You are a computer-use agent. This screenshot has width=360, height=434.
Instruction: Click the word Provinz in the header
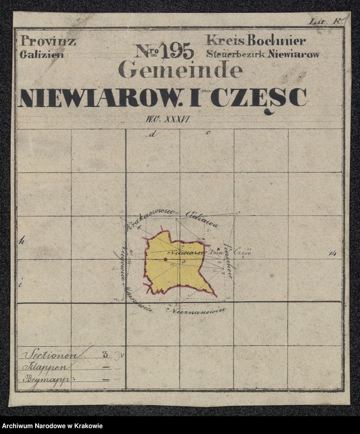tap(47, 41)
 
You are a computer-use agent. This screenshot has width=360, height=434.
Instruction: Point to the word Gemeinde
tap(180, 70)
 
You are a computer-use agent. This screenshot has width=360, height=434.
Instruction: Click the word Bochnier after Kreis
tap(283, 40)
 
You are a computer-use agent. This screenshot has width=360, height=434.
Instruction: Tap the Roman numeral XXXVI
tap(178, 119)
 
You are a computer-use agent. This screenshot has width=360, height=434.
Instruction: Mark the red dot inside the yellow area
tap(165, 259)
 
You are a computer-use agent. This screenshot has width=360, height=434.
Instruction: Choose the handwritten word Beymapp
tap(46, 379)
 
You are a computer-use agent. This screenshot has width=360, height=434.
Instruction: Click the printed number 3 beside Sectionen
tap(105, 354)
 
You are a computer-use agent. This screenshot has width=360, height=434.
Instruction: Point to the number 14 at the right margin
tap(332, 253)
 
